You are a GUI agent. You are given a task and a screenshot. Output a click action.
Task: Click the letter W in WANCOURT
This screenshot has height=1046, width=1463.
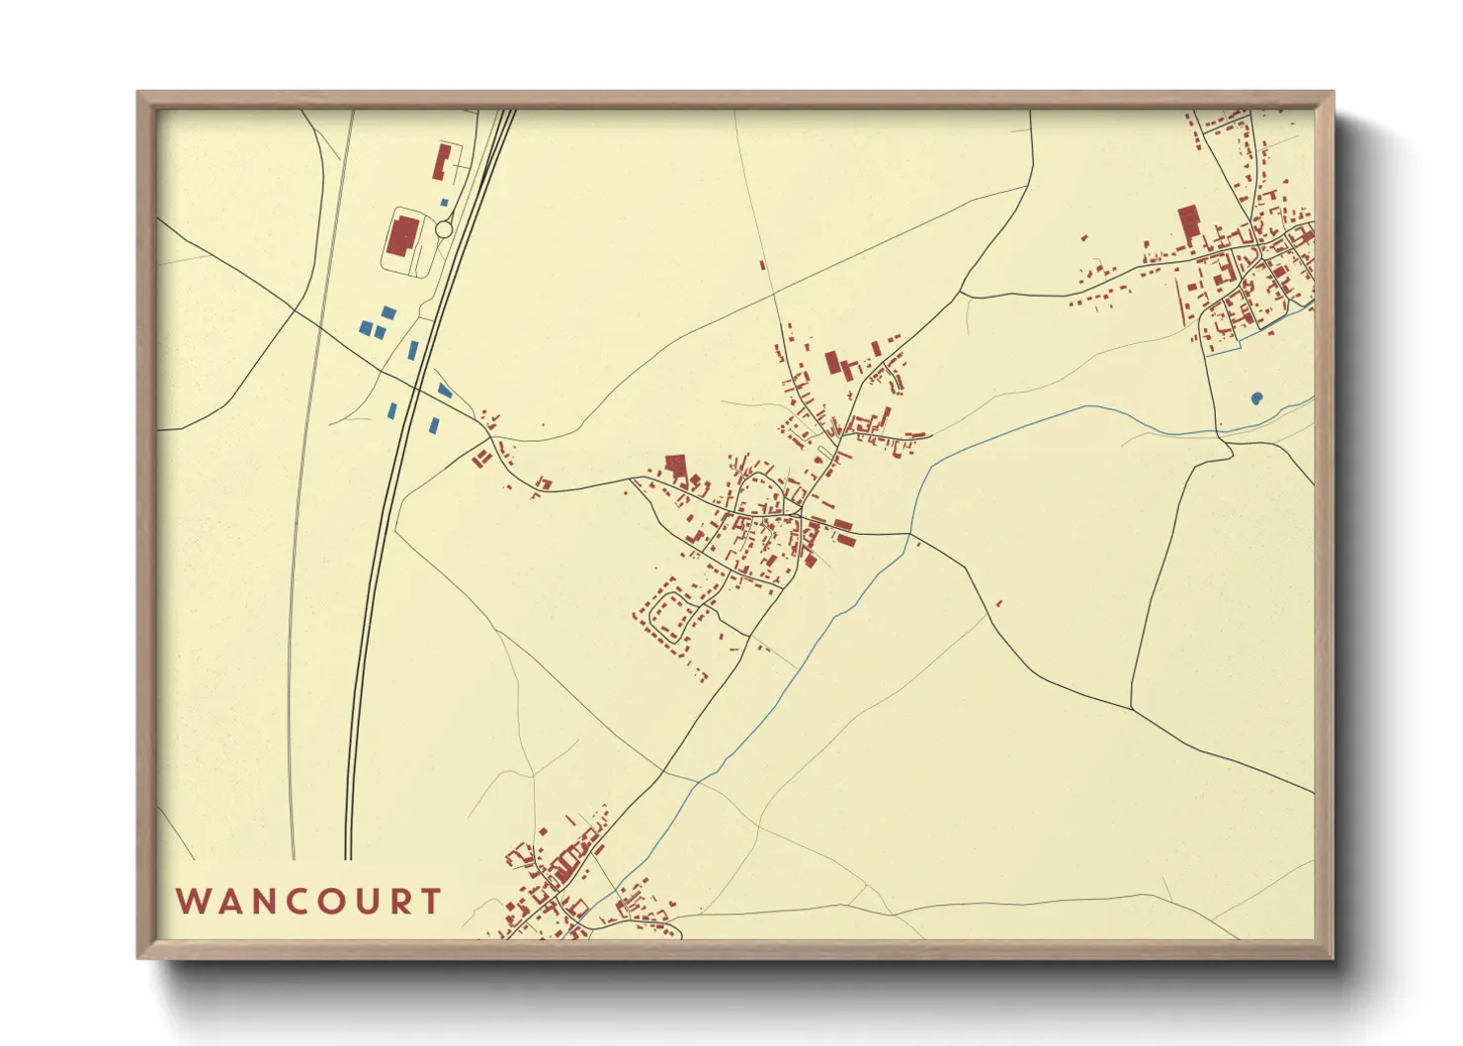[x=192, y=902]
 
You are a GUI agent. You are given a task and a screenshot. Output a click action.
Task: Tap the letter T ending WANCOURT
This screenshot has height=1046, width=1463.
[x=430, y=902]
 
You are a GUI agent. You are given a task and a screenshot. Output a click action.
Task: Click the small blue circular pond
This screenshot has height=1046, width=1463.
[x=1256, y=398]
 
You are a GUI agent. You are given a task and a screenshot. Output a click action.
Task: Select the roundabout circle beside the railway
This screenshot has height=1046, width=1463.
[x=444, y=229]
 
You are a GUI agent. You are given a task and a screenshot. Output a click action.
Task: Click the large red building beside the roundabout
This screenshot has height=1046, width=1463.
[x=402, y=237]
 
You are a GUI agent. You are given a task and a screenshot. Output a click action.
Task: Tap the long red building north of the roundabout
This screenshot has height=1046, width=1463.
[x=441, y=161]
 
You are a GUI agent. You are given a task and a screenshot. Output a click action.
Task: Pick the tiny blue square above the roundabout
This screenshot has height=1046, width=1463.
[x=444, y=203]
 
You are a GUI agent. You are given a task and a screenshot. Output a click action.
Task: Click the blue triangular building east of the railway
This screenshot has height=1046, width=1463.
[x=444, y=391]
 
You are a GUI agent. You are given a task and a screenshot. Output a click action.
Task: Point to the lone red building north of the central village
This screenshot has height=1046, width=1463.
[x=762, y=264]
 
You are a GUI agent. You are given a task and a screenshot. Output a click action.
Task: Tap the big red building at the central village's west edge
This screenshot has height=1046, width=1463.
[x=676, y=466]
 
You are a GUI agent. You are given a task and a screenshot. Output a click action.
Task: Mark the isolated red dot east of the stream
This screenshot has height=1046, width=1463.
[x=998, y=603]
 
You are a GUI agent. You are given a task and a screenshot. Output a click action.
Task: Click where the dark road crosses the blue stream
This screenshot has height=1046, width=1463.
[x=909, y=535]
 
